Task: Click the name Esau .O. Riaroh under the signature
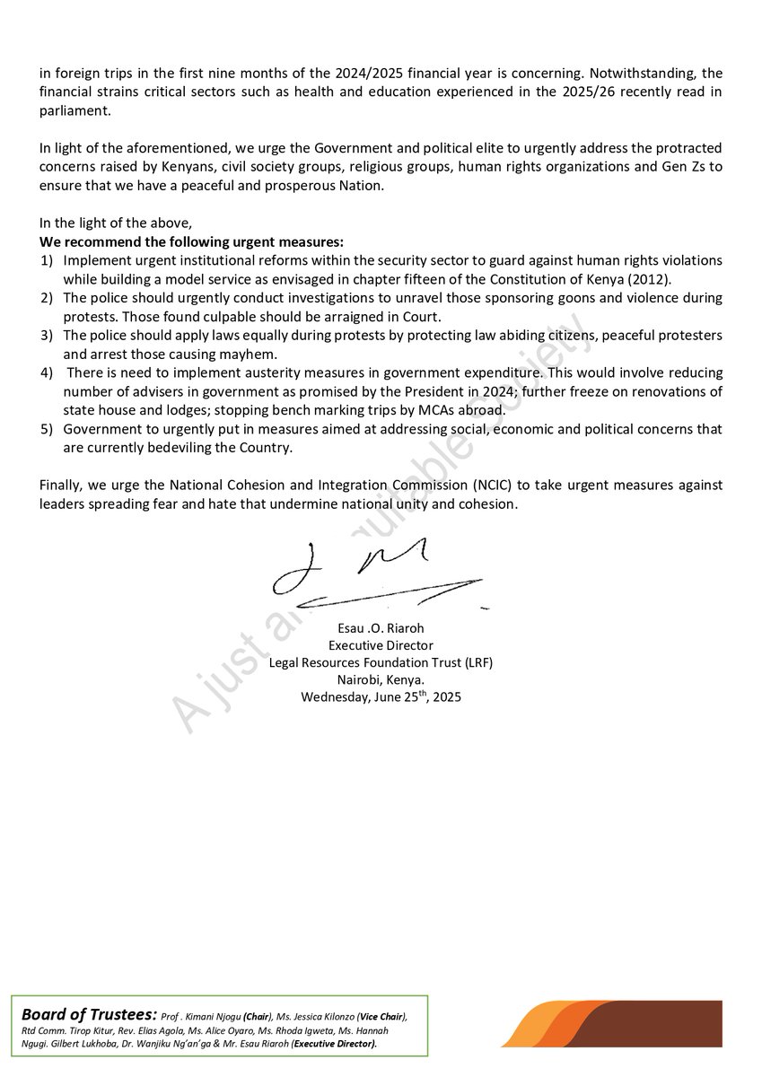pos(381,628)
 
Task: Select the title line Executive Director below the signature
pos(381,645)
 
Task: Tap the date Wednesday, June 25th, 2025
pos(381,696)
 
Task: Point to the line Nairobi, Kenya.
pos(381,679)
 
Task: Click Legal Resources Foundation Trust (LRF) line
pos(381,662)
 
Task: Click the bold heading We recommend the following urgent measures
pos(191,242)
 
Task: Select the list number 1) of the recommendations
pos(46,260)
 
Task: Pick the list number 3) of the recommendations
pos(46,335)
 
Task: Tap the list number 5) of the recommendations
pos(46,429)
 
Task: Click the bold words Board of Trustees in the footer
pos(89,1014)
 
